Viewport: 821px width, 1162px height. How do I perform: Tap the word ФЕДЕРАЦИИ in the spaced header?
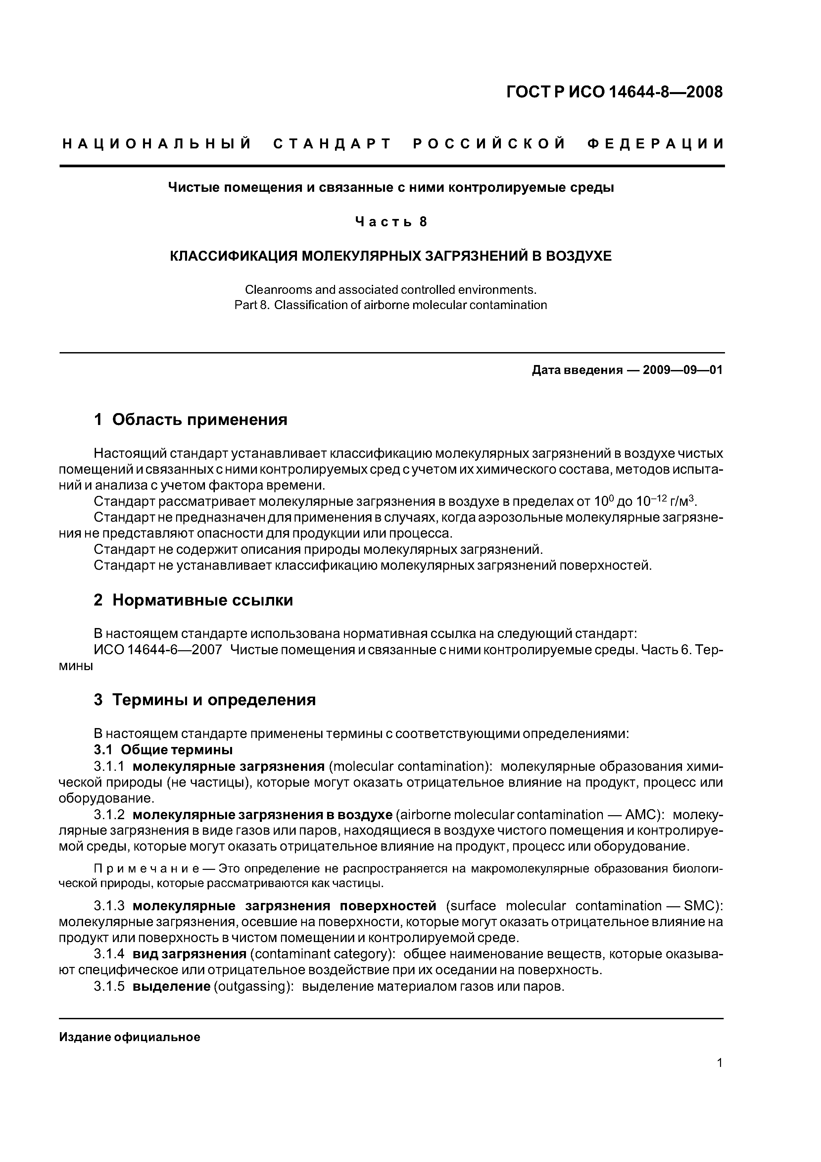tap(656, 144)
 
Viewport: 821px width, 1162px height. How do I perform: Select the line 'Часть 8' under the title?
tap(391, 222)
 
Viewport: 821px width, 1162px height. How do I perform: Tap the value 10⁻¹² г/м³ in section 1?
tap(667, 502)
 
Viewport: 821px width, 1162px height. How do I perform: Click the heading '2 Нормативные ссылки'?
tap(193, 600)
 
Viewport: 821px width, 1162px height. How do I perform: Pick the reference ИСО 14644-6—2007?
tap(158, 650)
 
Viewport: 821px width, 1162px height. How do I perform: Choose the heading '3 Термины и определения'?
tap(205, 700)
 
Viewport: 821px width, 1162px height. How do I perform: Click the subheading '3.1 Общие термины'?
tap(164, 749)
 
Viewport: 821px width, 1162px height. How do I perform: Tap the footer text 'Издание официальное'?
tap(129, 1037)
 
